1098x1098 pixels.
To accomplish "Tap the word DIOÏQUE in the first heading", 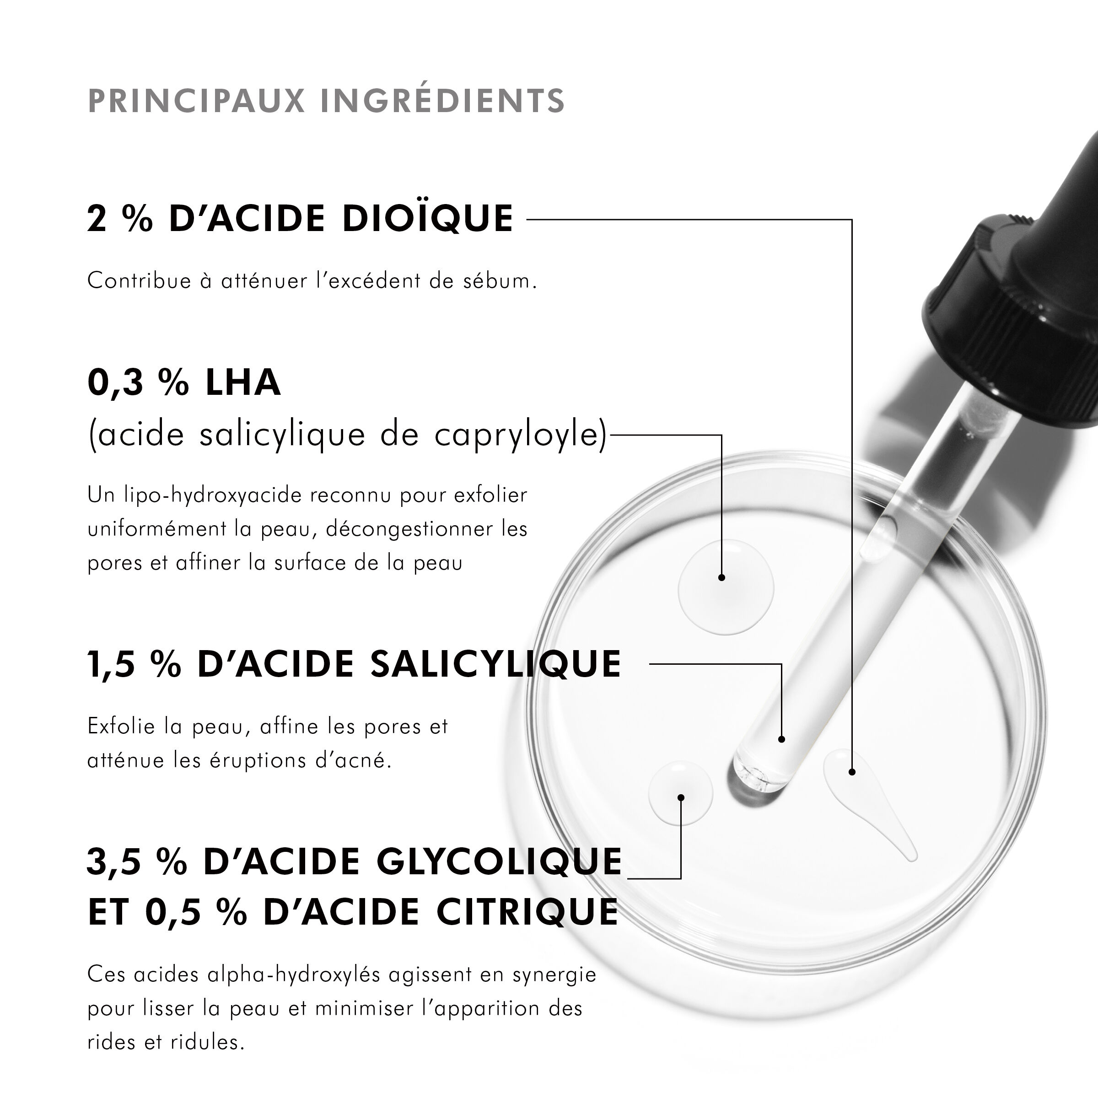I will click(x=427, y=219).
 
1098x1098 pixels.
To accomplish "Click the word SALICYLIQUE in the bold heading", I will click(x=495, y=664).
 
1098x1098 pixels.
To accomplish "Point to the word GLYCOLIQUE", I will click(x=499, y=862).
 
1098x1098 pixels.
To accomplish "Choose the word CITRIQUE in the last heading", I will click(x=527, y=912).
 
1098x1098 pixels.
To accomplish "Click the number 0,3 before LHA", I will click(x=115, y=382).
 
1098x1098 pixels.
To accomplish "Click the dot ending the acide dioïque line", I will click(x=852, y=772).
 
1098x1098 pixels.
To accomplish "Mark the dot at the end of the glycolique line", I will click(x=681, y=798).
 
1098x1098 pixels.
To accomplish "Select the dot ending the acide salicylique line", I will click(x=781, y=739).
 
